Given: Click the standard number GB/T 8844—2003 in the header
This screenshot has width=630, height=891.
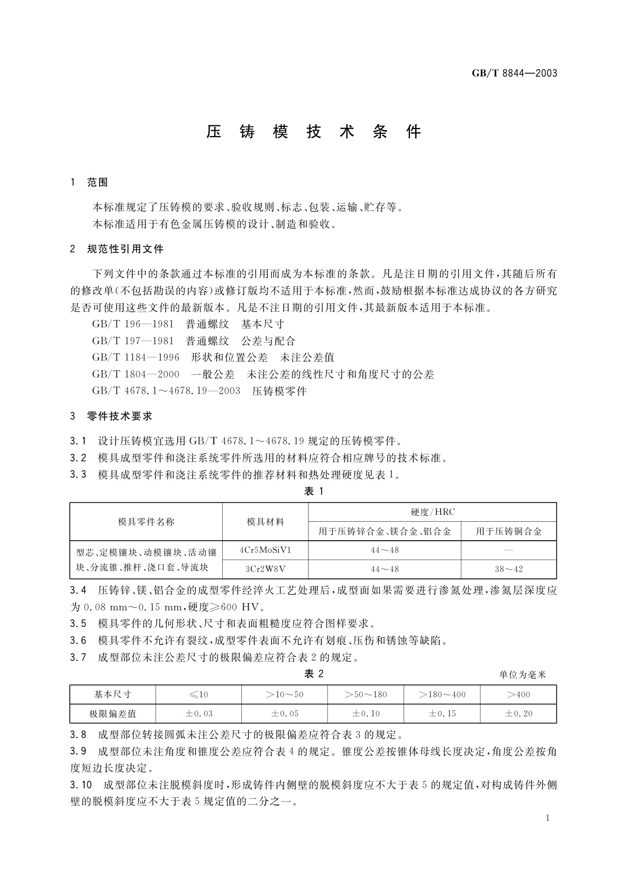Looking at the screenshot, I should pos(514,73).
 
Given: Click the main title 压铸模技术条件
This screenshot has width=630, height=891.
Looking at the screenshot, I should pos(314,132).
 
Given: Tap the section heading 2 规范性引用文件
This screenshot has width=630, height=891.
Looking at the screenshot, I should pos(117,249).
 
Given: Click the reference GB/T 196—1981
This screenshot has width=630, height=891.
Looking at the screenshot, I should pos(133,324).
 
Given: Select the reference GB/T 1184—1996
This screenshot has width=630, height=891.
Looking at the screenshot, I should pos(136,358).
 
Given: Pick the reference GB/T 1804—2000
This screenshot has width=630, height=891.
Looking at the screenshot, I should pos(136,375).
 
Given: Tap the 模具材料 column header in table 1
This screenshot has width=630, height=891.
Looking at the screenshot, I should pos(265,522).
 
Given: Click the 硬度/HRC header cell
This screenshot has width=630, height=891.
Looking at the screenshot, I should pos(432,512).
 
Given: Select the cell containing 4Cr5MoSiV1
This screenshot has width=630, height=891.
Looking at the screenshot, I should pos(265,550).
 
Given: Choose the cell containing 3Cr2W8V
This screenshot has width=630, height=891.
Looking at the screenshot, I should pos(265,569).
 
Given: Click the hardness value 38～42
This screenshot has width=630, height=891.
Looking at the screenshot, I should pos(508,569).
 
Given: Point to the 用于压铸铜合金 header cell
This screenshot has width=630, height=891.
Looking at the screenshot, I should pos(508,531).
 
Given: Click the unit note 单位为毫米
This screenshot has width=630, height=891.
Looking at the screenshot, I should pos(522,675).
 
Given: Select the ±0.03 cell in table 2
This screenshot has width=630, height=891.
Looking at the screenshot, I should pos(198,713).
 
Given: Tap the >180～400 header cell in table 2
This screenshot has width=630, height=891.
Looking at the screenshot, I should pos(442,694).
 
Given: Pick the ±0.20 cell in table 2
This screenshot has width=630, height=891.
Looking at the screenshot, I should pos(518,713).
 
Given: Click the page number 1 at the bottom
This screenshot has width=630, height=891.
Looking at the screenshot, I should pos(547,818).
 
